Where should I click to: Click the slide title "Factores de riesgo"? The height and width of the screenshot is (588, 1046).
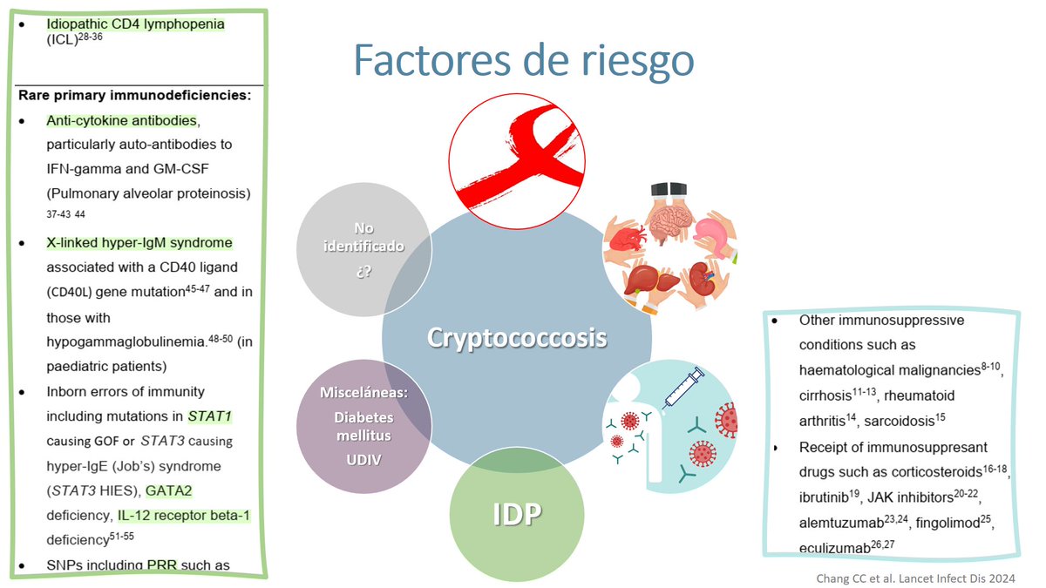coord(524,61)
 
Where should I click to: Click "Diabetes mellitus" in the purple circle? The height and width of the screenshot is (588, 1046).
coord(363,427)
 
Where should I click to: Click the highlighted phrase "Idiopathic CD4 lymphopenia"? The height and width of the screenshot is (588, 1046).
coord(135,24)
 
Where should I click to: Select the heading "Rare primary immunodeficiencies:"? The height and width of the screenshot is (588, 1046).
coord(134,94)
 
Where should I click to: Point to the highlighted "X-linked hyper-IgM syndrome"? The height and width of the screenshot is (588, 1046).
coord(139,243)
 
